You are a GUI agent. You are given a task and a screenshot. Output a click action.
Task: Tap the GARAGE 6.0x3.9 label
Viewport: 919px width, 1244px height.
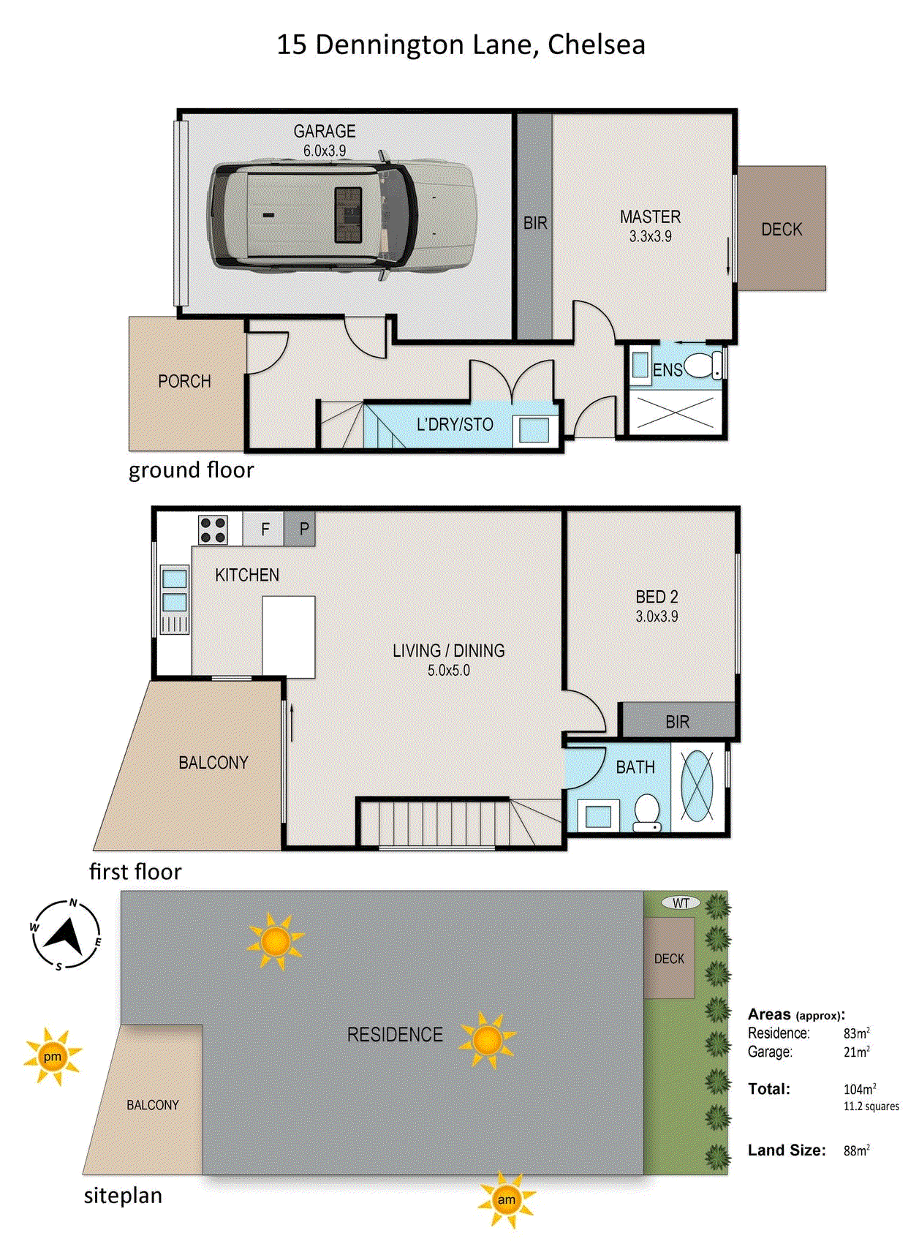click(325, 140)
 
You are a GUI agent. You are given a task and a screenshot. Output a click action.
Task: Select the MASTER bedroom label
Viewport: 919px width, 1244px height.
click(650, 225)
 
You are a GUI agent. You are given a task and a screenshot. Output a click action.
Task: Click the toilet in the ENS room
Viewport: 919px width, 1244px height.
click(702, 365)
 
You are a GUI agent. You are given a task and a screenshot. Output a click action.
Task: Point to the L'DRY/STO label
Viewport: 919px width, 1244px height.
click(455, 424)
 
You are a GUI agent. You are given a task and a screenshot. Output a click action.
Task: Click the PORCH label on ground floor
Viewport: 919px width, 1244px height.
click(184, 381)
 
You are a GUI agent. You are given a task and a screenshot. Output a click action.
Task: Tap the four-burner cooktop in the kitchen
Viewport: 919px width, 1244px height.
click(213, 529)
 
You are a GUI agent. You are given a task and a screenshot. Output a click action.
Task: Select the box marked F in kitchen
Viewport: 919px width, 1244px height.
click(265, 529)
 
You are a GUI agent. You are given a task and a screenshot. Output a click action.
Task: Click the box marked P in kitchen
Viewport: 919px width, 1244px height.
click(303, 529)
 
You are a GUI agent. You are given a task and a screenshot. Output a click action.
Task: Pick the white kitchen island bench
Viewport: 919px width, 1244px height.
click(289, 636)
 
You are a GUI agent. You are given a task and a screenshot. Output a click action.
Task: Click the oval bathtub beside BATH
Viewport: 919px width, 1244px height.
click(697, 785)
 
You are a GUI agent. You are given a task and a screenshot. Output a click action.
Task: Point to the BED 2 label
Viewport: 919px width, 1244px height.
click(657, 606)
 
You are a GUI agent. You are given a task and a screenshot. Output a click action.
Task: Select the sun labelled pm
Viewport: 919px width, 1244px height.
click(53, 1057)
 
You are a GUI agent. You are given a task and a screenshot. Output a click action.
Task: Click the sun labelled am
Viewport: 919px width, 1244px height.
click(506, 1199)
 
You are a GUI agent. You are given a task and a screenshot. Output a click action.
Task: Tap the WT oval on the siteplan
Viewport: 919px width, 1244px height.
click(681, 903)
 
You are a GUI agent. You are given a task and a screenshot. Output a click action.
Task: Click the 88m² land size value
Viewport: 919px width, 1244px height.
click(856, 1150)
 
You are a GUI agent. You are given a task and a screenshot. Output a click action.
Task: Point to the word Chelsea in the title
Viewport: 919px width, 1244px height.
click(596, 45)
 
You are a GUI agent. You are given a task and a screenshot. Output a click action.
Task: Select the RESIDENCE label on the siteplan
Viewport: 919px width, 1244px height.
click(395, 1034)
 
